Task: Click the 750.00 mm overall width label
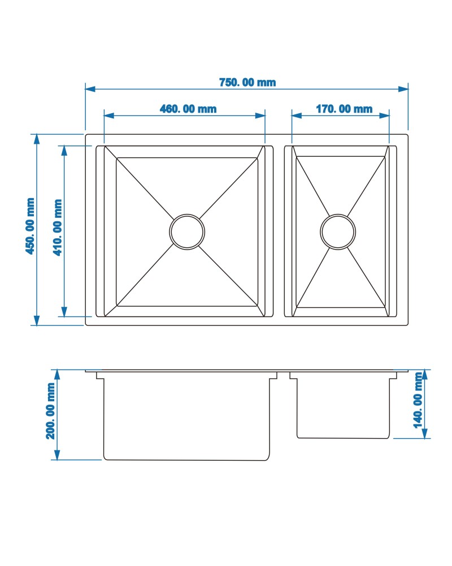(247, 82)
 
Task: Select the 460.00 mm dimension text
(188, 109)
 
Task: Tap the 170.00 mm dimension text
(344, 109)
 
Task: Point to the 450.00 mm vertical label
(31, 226)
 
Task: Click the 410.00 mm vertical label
(58, 228)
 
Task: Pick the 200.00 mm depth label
(50, 411)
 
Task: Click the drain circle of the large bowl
(187, 215)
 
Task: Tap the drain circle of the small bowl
(338, 215)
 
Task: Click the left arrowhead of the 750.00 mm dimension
(90, 88)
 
